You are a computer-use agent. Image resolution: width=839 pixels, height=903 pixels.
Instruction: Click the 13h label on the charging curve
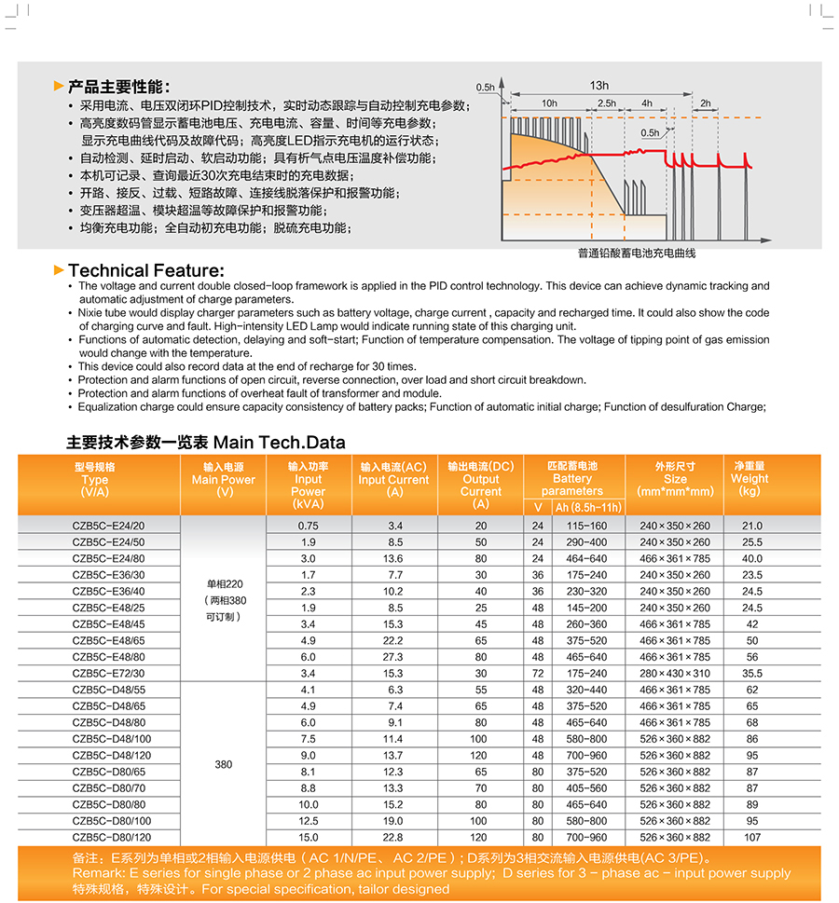[598, 86]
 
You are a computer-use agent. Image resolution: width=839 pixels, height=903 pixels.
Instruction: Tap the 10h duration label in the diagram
[549, 103]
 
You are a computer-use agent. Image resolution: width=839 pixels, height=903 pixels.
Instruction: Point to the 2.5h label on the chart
[607, 103]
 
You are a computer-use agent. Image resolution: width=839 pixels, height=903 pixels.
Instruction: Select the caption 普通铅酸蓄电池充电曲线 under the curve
[637, 253]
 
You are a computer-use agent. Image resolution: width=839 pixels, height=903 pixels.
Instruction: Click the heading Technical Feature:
[146, 270]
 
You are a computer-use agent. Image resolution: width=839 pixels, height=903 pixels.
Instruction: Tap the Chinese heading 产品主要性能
[118, 87]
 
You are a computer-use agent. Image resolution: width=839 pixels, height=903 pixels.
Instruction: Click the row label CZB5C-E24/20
[109, 526]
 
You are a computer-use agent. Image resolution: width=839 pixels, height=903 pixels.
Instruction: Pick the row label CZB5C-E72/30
[109, 673]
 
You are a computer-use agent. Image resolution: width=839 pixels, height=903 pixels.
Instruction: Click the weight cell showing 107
[752, 838]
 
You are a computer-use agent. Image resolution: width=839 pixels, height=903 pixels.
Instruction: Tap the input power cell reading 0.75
[309, 526]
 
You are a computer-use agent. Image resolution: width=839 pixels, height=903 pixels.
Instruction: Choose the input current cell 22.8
[394, 838]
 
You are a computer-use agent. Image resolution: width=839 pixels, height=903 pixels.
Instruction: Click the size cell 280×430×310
[674, 673]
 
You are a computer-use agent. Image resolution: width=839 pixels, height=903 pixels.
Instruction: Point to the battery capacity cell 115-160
[586, 526]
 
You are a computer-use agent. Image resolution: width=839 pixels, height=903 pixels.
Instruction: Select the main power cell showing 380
[224, 764]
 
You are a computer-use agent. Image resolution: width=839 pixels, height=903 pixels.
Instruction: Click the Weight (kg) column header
[750, 479]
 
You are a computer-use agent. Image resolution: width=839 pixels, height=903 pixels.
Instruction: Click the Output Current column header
[480, 485]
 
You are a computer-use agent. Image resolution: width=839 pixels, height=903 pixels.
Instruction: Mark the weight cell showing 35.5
[751, 673]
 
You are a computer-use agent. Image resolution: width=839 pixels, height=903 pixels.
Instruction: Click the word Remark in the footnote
[96, 873]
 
